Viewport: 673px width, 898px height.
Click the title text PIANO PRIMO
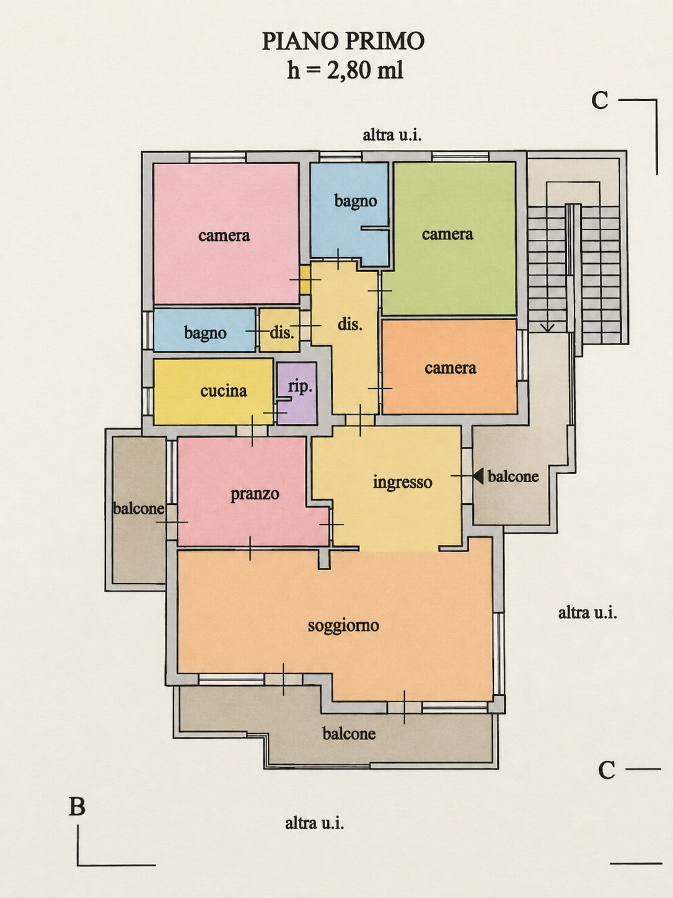pyautogui.click(x=343, y=41)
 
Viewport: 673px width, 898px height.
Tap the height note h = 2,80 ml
pyautogui.click(x=345, y=70)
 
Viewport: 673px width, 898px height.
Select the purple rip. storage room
pyautogui.click(x=297, y=393)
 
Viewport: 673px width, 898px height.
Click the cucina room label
pyautogui.click(x=224, y=391)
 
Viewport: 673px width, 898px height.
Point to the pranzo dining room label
pyautogui.click(x=255, y=494)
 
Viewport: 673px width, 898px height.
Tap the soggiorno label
pyautogui.click(x=343, y=626)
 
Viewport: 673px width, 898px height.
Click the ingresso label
pyautogui.click(x=403, y=482)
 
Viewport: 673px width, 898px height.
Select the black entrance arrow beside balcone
pyautogui.click(x=478, y=476)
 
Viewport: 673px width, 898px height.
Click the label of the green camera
pyautogui.click(x=447, y=234)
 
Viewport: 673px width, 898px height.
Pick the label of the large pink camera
pyautogui.click(x=224, y=236)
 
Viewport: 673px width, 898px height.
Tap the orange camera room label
pyautogui.click(x=451, y=368)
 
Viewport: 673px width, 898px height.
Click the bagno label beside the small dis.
pyautogui.click(x=205, y=333)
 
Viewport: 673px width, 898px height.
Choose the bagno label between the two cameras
pyautogui.click(x=356, y=201)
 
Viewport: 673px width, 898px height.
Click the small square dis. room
pyautogui.click(x=279, y=330)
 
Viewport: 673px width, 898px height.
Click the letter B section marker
pyautogui.click(x=77, y=807)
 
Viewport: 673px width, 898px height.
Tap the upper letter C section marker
pyautogui.click(x=600, y=100)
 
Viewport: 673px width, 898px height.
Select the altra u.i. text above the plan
pyautogui.click(x=392, y=135)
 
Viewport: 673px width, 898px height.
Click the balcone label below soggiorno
pyautogui.click(x=349, y=734)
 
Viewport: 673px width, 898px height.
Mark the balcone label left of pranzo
pyautogui.click(x=139, y=509)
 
